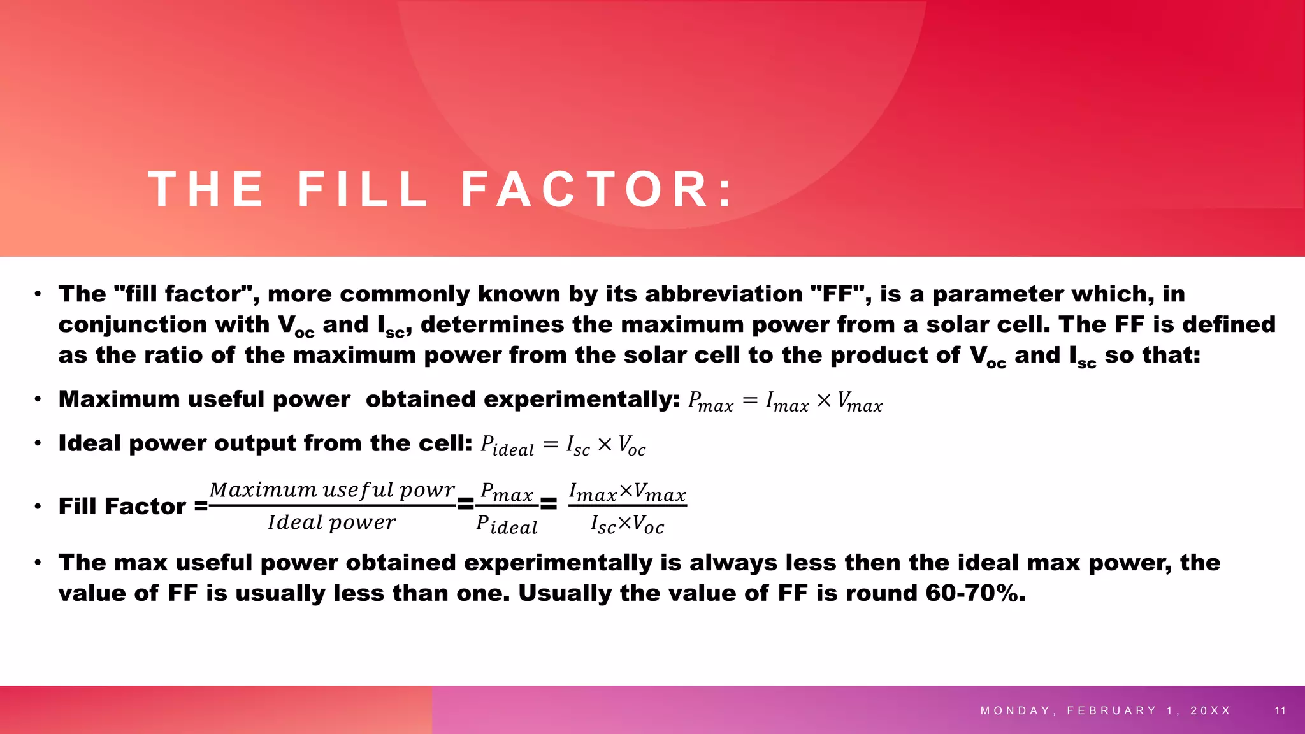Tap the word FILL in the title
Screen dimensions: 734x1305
363,189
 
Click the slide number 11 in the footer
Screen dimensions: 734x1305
1280,710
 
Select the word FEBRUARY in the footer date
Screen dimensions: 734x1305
1111,710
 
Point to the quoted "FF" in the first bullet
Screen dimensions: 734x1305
841,294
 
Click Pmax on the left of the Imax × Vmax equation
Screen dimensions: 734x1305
710,401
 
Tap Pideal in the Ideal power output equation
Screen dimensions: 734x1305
507,445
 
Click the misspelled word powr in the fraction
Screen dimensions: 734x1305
427,490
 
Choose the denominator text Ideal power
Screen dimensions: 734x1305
331,522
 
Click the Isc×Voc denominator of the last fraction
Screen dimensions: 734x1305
627,524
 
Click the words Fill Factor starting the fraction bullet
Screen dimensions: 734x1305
122,507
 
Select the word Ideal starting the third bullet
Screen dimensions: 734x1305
90,443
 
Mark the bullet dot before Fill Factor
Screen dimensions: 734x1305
38,507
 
